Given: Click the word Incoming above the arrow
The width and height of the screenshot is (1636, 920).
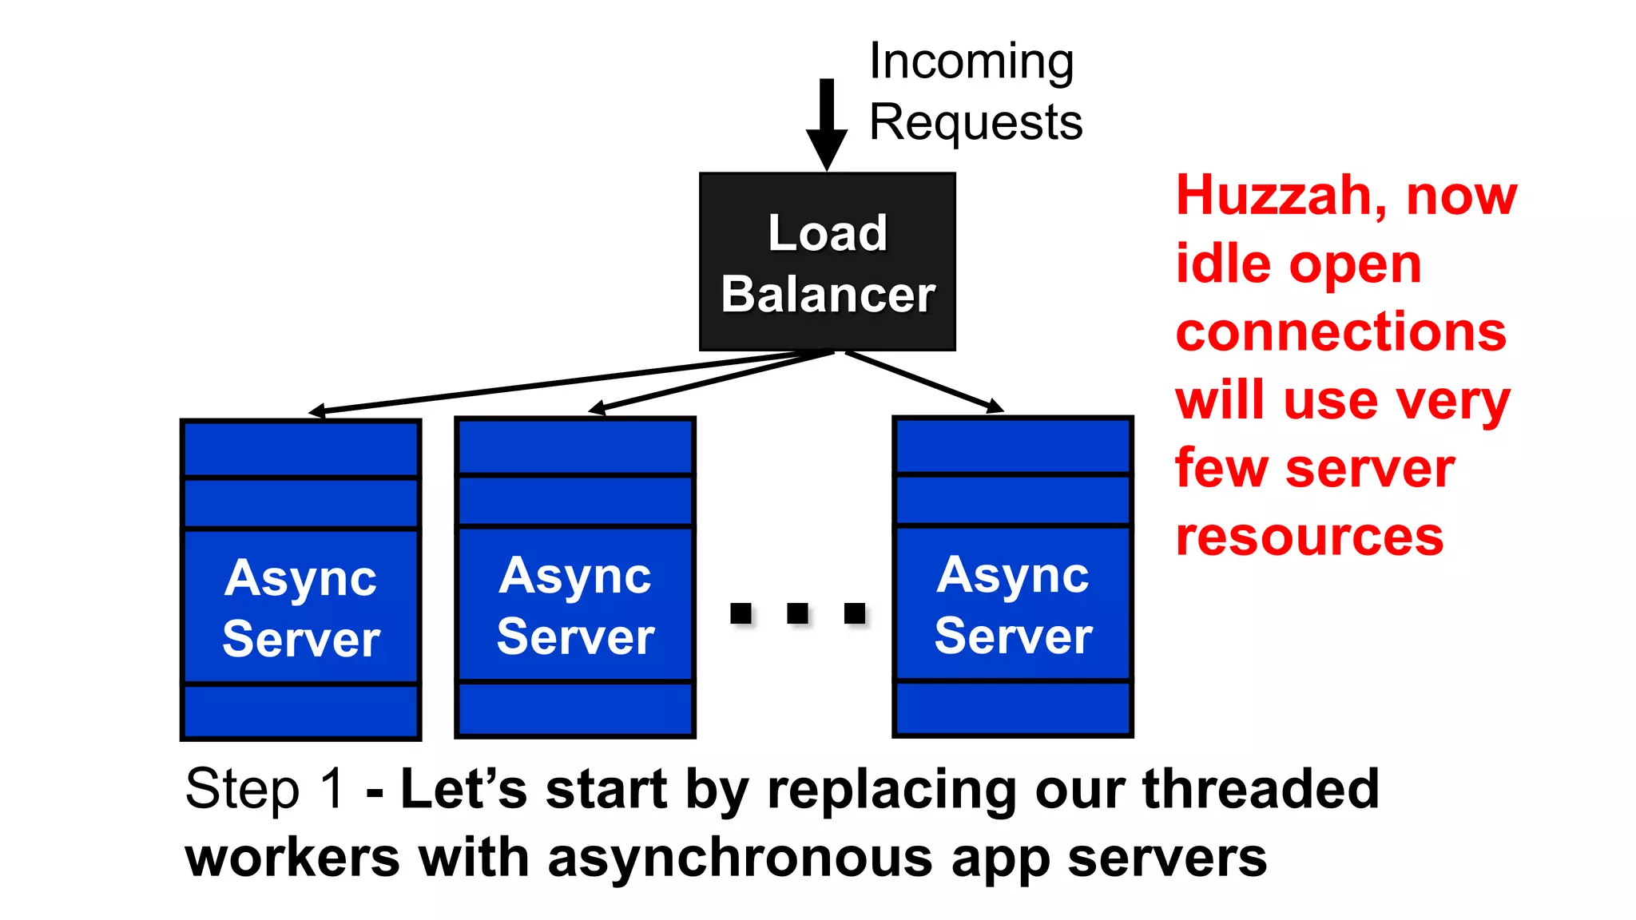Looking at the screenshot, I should click(x=971, y=62).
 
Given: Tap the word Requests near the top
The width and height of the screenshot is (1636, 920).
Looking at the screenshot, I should click(x=975, y=123).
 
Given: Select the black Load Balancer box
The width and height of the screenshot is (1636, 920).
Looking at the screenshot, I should click(x=827, y=262).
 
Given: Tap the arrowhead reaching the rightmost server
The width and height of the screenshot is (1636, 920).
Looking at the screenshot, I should click(x=995, y=407).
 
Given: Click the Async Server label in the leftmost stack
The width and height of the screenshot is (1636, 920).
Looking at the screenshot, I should click(x=301, y=607).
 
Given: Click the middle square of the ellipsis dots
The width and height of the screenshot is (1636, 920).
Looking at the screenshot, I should click(x=797, y=613).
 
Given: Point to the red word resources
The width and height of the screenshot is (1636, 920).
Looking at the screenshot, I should click(x=1309, y=537).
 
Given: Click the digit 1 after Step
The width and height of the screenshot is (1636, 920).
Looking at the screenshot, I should click(x=332, y=789).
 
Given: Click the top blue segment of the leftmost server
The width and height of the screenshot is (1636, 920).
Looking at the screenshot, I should click(x=301, y=449).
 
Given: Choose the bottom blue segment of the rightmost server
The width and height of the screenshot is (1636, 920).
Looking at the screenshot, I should click(x=1013, y=708).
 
